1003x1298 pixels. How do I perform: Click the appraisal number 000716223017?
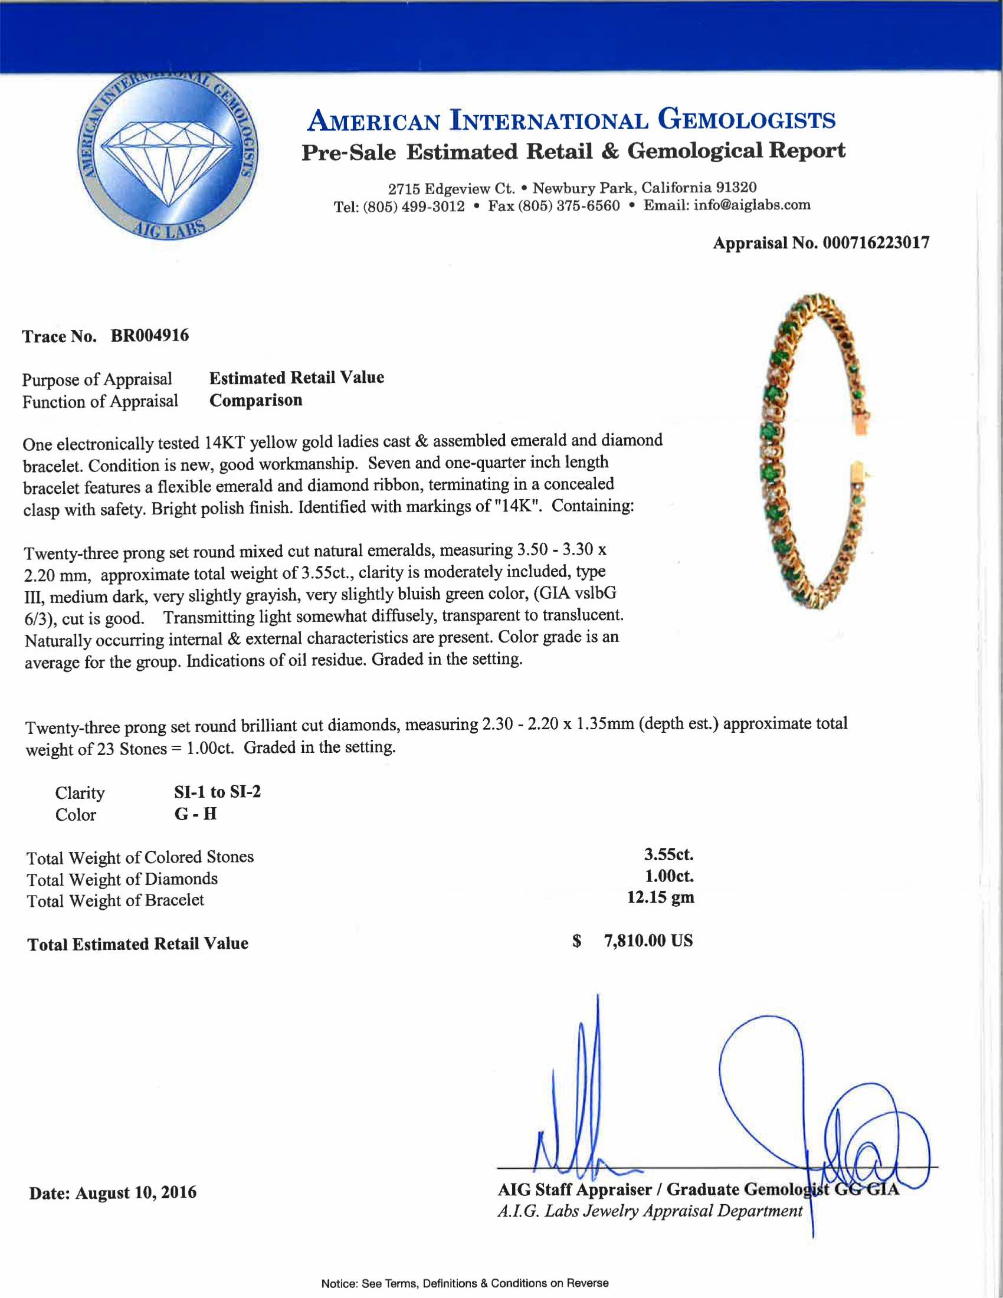876,242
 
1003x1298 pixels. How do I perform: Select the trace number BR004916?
150,336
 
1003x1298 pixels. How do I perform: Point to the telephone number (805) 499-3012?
414,206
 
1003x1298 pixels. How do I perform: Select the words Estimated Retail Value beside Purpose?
297,378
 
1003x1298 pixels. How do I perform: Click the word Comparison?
255,401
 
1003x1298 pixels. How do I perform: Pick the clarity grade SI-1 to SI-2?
217,792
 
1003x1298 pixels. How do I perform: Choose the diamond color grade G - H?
195,814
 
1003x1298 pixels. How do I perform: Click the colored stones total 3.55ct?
668,855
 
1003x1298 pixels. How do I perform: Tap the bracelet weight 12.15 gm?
660,897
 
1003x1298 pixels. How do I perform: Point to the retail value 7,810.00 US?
648,941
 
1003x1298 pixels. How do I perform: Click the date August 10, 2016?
136,1192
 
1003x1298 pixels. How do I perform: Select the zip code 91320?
736,188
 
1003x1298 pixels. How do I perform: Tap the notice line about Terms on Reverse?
465,1283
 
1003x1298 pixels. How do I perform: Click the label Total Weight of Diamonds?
122,879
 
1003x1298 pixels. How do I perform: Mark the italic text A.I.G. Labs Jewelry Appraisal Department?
650,1211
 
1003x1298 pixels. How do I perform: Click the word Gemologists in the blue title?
746,119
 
